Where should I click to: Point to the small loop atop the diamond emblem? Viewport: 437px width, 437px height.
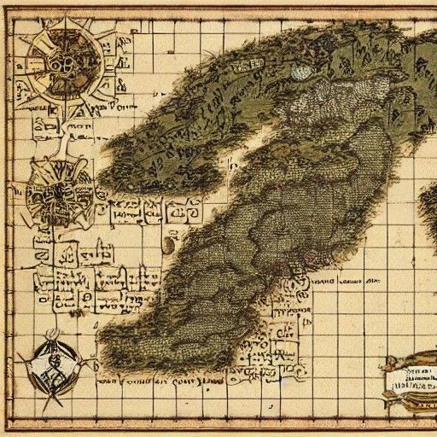(x=52, y=332)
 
